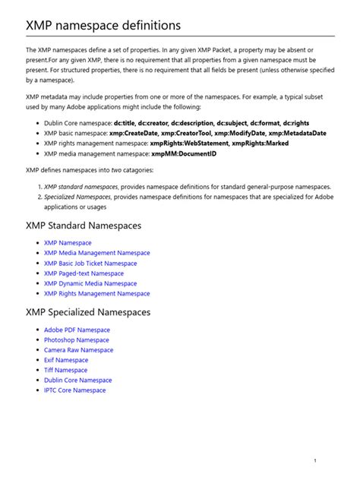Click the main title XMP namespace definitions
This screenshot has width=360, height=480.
(x=103, y=26)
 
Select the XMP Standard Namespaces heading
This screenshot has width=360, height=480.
(x=83, y=226)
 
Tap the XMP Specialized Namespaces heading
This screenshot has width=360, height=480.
(x=88, y=312)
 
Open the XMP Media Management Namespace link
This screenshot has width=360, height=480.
(x=96, y=253)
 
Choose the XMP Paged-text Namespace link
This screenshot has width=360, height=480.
(x=84, y=273)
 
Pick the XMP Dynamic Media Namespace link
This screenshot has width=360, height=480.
(x=90, y=283)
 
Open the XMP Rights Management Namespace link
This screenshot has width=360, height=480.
(x=96, y=293)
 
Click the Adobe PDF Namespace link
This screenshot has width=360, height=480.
(x=77, y=330)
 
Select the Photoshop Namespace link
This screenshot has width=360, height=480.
(x=76, y=340)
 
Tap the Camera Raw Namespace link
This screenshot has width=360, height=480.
(x=78, y=350)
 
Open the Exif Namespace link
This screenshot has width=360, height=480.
(x=66, y=360)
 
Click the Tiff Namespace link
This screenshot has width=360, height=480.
(x=65, y=370)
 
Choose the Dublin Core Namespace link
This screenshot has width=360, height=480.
(x=77, y=380)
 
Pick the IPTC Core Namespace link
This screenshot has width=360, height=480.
(x=74, y=390)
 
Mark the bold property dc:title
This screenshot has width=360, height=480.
(x=126, y=122)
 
